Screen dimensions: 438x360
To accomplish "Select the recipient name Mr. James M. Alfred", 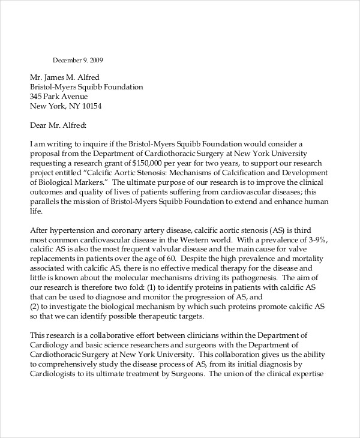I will tap(65, 77).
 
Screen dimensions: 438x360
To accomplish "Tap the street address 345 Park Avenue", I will tap(59, 97).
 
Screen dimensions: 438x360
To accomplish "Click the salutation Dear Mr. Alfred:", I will tap(58, 125).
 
